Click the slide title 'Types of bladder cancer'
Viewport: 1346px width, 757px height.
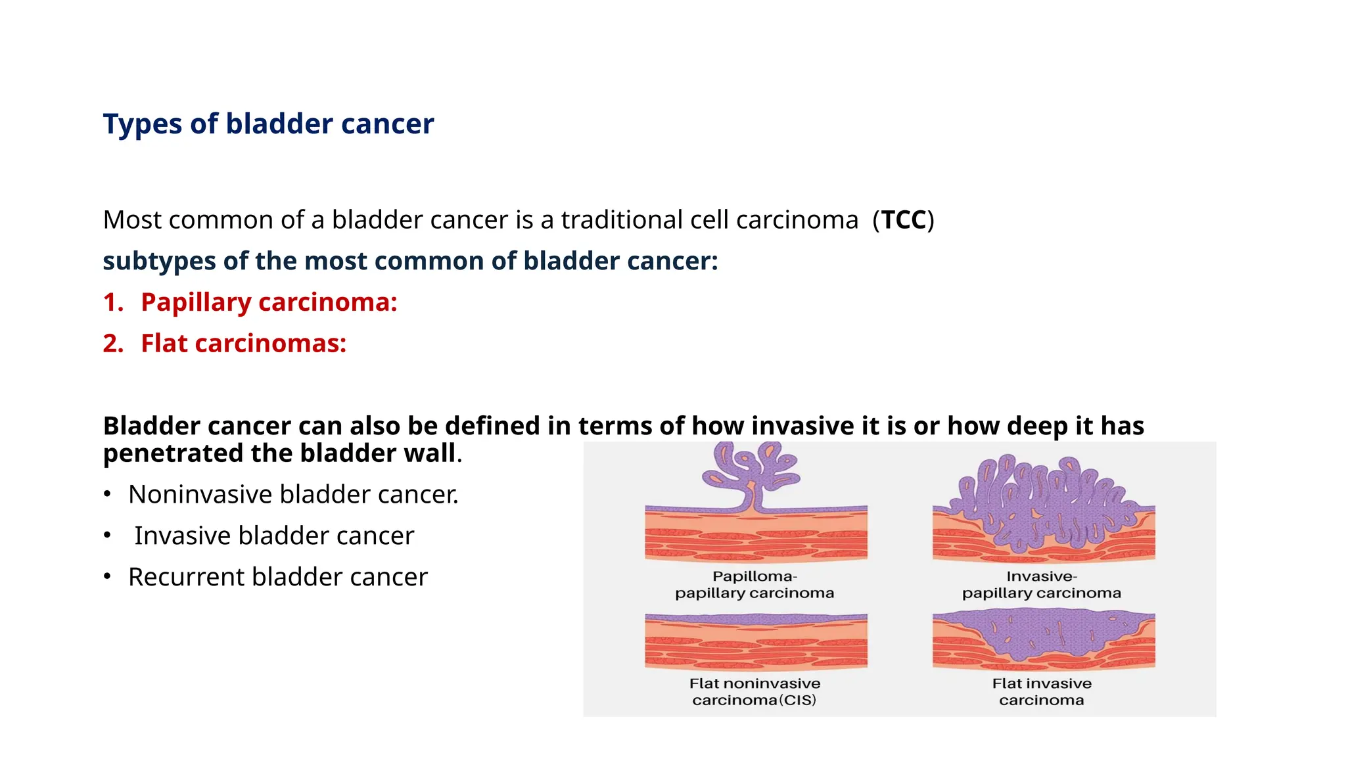click(x=268, y=124)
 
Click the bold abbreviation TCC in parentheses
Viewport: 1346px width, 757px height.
click(x=903, y=220)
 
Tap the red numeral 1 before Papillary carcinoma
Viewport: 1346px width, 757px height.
click(x=112, y=303)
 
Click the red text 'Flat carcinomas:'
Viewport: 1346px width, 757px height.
click(x=243, y=344)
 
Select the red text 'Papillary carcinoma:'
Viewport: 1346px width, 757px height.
click(x=269, y=303)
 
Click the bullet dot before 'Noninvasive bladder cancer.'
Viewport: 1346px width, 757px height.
click(x=107, y=494)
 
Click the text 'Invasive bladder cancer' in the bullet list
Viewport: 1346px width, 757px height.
click(x=274, y=536)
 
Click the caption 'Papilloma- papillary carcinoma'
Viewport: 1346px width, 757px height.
click(x=754, y=585)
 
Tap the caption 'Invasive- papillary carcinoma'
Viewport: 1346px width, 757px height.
click(x=1041, y=585)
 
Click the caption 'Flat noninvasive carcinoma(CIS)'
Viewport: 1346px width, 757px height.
click(x=754, y=692)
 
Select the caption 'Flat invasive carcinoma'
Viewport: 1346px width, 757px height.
click(x=1041, y=692)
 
